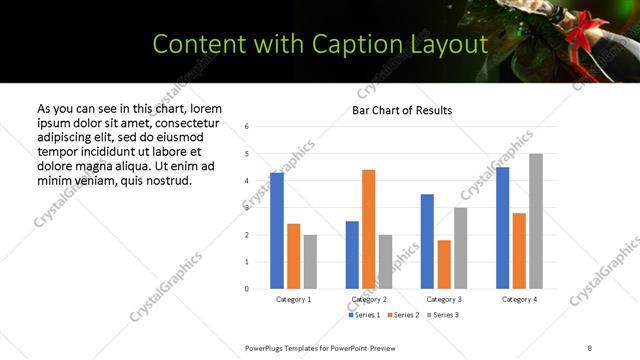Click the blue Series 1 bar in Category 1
tap(277, 231)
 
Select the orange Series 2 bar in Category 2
tap(368, 229)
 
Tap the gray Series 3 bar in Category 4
tap(536, 221)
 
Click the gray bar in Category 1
tap(310, 261)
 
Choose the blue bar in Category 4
tap(502, 228)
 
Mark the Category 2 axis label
tap(369, 300)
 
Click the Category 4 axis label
tap(519, 300)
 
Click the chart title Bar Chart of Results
tap(402, 110)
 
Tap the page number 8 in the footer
tap(590, 347)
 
